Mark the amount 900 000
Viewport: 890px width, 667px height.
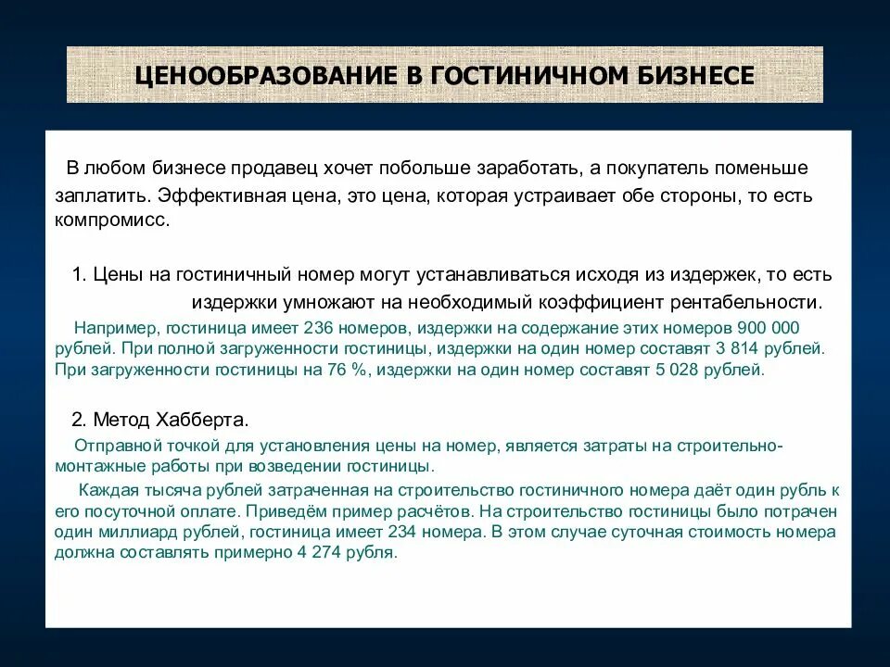[768, 329]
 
